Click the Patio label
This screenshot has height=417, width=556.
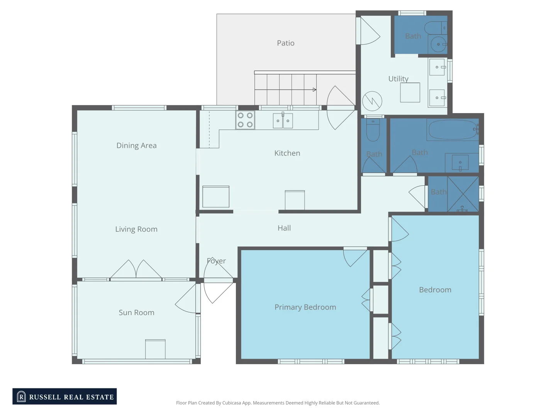285,43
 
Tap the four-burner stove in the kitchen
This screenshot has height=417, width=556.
245,120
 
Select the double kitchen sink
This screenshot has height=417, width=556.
283,121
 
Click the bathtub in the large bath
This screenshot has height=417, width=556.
452,130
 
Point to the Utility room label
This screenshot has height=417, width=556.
398,79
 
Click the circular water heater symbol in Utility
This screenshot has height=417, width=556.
372,101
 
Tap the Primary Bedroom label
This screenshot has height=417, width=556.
305,307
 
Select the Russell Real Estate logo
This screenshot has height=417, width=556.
64,397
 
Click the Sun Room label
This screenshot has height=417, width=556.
136,313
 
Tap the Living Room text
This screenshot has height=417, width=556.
136,229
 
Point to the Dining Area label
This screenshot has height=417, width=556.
136,146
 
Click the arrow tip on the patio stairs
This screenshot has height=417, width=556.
315,90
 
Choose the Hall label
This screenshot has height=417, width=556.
284,228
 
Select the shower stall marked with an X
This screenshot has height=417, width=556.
463,194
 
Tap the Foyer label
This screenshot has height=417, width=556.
216,261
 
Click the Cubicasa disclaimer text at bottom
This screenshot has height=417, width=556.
278,403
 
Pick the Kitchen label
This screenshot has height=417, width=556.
287,153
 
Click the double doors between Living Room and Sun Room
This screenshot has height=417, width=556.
136,269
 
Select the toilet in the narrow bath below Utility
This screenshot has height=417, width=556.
373,131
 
